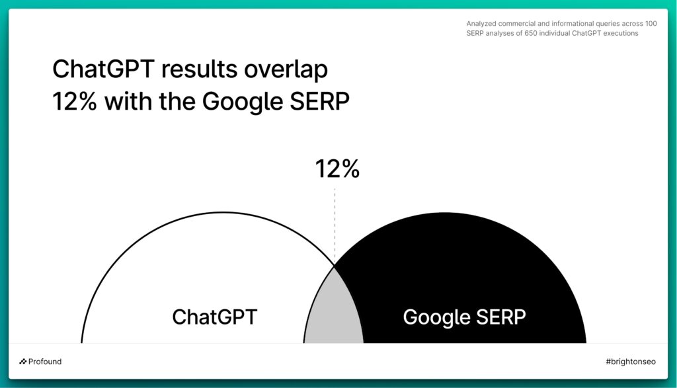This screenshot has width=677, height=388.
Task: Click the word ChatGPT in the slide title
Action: point(103,69)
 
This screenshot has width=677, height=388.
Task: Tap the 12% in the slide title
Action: point(74,102)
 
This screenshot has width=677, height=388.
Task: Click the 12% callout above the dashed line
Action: point(337,169)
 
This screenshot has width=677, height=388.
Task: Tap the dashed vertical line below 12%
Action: point(335,225)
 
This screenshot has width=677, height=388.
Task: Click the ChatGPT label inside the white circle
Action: point(215,317)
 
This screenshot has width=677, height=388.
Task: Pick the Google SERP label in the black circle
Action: point(464,318)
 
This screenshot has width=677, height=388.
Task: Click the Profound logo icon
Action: point(23,362)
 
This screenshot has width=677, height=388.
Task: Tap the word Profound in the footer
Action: point(45,362)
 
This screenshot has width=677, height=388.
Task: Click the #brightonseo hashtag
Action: point(630,362)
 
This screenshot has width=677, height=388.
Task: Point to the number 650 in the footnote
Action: point(531,33)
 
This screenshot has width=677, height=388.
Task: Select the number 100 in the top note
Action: point(651,24)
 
